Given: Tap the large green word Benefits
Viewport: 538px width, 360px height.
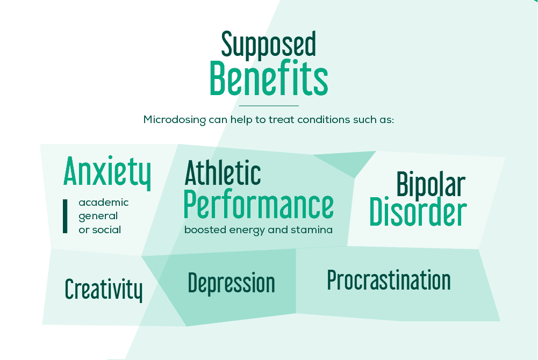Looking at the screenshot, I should click(x=268, y=79).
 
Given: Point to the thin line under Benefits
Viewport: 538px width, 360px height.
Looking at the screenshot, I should click(x=268, y=106).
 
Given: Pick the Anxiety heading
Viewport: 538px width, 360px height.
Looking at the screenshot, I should click(x=107, y=170).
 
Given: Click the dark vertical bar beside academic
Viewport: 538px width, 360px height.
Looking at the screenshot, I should click(x=65, y=216).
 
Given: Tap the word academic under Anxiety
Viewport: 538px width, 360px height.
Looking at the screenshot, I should click(x=104, y=203).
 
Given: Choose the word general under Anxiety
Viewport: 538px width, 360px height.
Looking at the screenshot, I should click(x=98, y=216).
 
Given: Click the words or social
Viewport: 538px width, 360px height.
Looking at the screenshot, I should click(x=100, y=230).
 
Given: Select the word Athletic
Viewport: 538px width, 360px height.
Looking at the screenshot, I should click(x=223, y=173).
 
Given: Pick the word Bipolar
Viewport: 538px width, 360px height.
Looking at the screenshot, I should click(x=431, y=185).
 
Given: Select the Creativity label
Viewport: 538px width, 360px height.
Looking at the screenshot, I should click(x=104, y=290).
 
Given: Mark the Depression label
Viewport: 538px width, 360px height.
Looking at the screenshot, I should click(x=231, y=283).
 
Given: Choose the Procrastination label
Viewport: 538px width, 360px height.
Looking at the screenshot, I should click(x=389, y=280).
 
